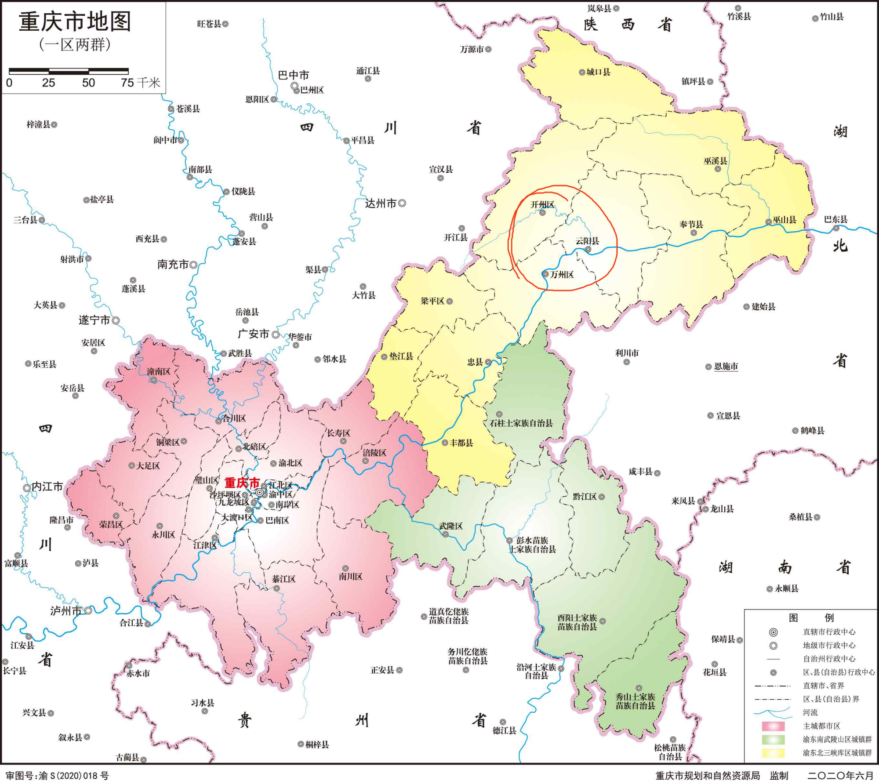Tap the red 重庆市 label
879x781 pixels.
242,483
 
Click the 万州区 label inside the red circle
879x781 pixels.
562,275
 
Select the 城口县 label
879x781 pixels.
598,72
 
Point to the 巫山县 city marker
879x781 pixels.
768,222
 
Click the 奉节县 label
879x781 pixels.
691,224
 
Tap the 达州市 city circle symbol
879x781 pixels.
402,203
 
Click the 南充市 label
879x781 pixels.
173,264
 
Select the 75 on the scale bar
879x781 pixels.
127,83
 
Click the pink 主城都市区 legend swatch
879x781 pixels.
773,726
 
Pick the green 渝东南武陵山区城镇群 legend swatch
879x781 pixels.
773,740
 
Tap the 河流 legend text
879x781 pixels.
810,712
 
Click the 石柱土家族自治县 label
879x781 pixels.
521,423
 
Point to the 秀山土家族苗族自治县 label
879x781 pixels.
635,701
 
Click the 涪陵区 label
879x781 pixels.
374,453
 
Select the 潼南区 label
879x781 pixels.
159,371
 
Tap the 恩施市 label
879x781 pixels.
726,366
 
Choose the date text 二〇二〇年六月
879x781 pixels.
840,776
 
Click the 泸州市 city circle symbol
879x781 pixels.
88,610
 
